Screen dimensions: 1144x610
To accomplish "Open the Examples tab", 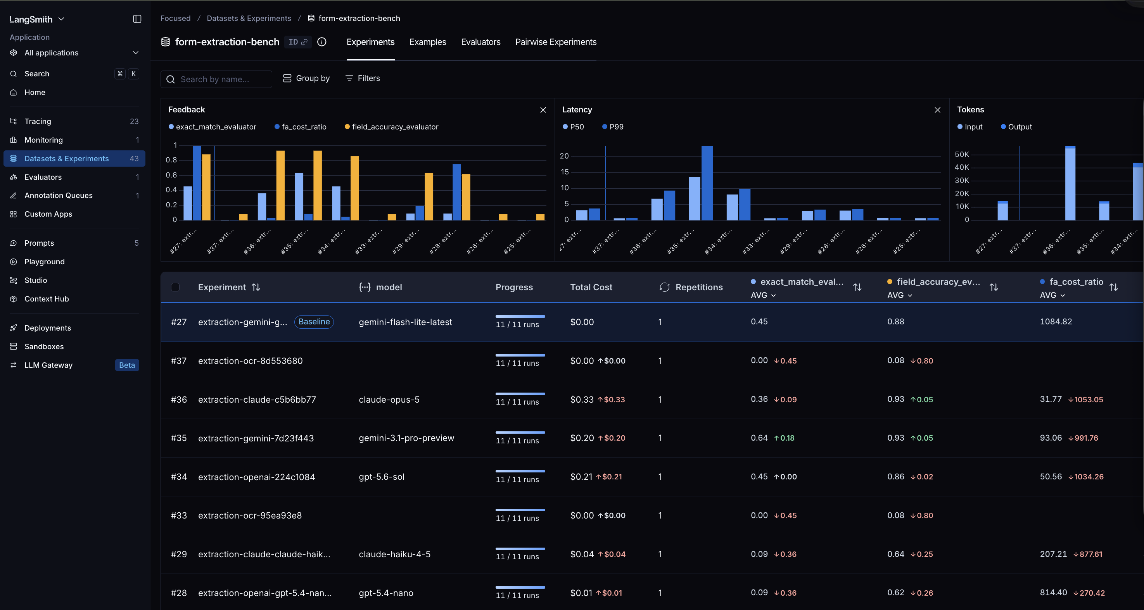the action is pos(428,42).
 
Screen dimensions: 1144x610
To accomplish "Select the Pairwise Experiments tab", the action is pos(556,42).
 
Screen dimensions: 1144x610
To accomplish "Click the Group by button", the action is pos(306,78).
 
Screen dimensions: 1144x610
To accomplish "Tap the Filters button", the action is pos(363,78).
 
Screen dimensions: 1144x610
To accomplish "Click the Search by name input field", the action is pos(216,79).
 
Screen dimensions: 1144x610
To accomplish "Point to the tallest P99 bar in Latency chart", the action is pos(707,183).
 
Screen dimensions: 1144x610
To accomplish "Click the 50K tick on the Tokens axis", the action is pos(962,154).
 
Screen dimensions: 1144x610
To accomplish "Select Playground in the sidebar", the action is pos(45,262).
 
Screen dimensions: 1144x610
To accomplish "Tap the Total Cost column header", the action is pos(591,287).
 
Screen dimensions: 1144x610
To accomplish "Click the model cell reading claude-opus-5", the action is pos(389,399).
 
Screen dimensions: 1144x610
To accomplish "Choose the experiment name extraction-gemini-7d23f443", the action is pos(256,438).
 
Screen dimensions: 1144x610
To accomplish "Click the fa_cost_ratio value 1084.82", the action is pos(1056,321).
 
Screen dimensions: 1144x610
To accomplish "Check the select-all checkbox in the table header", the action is pos(175,287).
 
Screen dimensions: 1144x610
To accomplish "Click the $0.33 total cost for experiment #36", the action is pos(582,399).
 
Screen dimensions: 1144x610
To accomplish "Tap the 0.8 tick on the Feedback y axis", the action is pos(171,160).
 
